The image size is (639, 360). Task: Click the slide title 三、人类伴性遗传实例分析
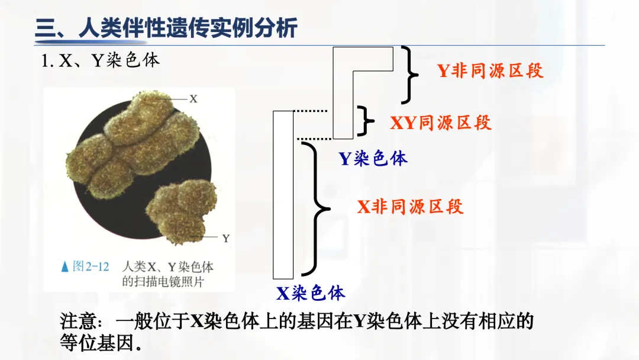tap(166, 28)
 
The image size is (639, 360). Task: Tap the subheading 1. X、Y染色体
tap(101, 61)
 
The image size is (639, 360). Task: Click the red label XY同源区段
tap(441, 123)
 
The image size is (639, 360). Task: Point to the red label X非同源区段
tap(410, 206)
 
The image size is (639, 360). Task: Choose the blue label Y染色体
tap(373, 158)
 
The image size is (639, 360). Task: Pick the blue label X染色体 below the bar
tap(311, 292)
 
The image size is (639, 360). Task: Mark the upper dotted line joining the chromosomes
tap(311, 111)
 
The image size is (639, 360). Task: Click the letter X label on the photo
tap(193, 99)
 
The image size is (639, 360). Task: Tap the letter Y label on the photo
tap(225, 239)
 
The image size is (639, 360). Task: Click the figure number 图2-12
tap(91, 266)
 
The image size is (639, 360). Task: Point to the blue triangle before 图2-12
tap(65, 267)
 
